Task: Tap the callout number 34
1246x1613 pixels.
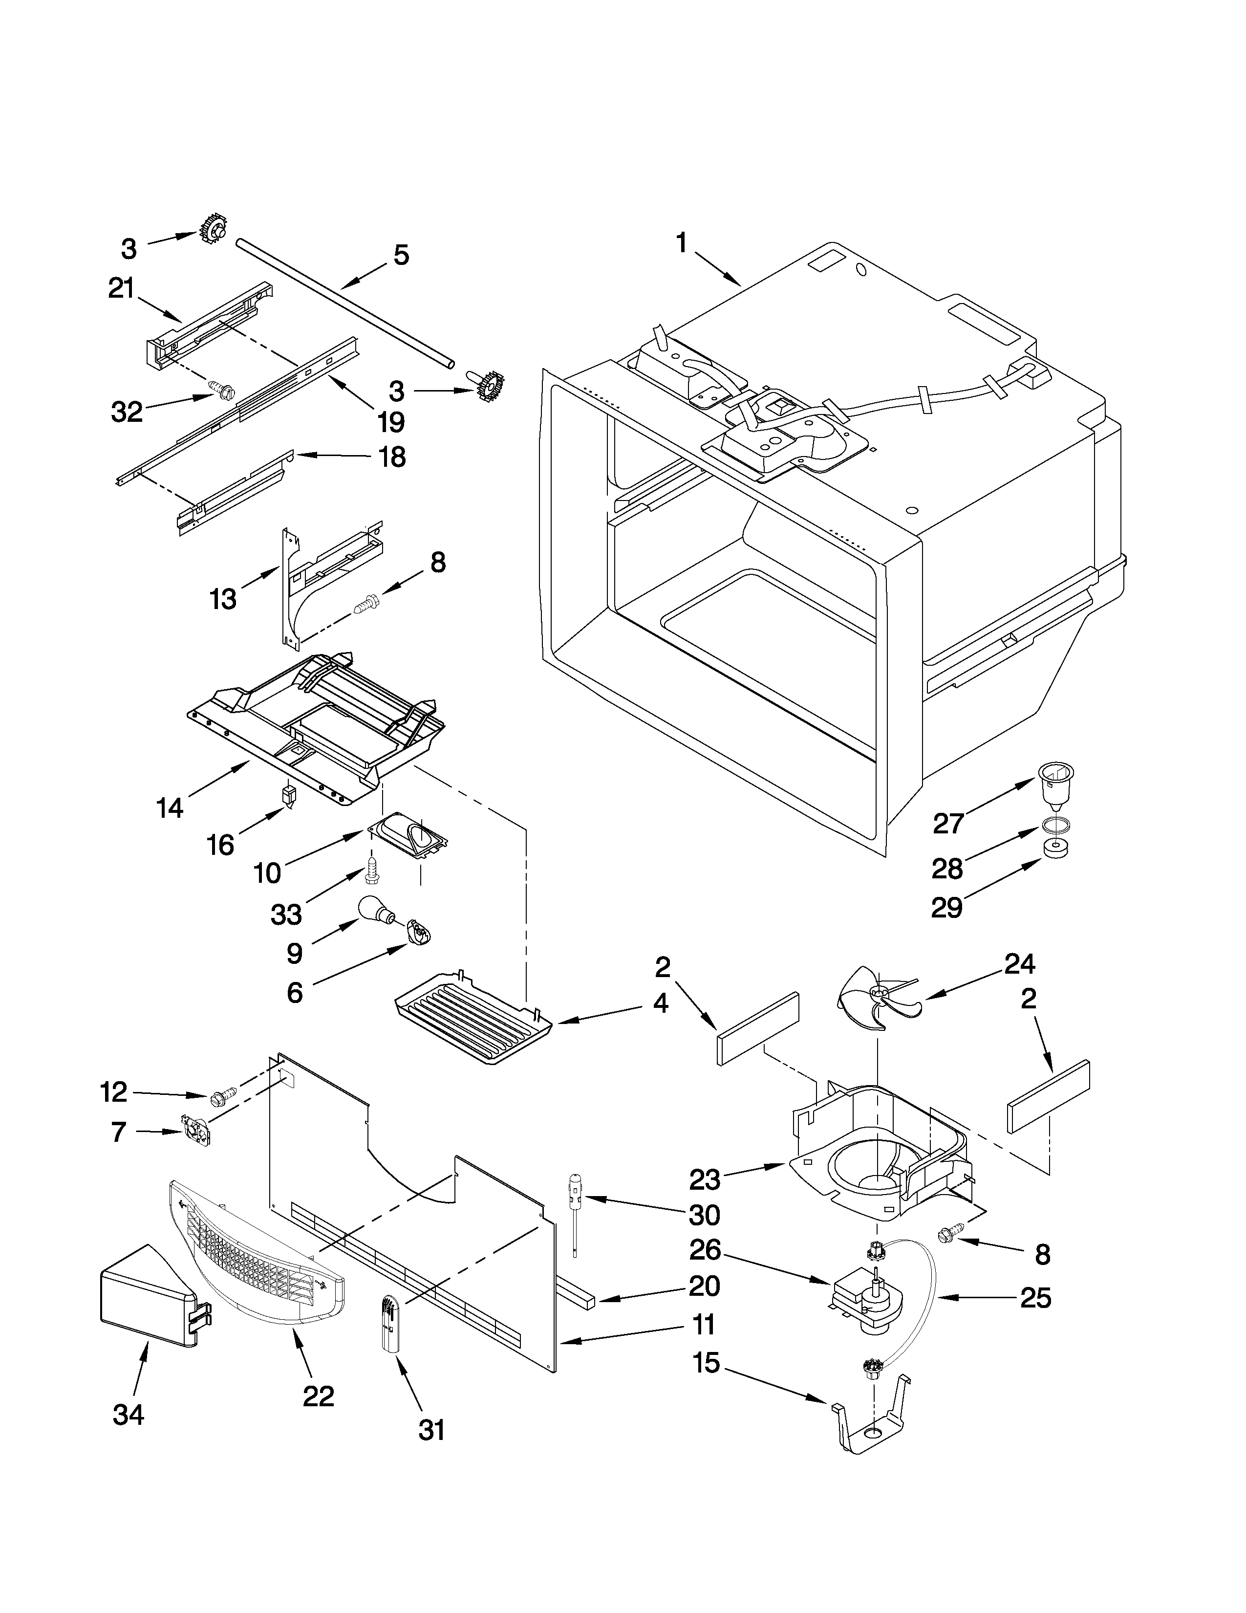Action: (x=129, y=1415)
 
